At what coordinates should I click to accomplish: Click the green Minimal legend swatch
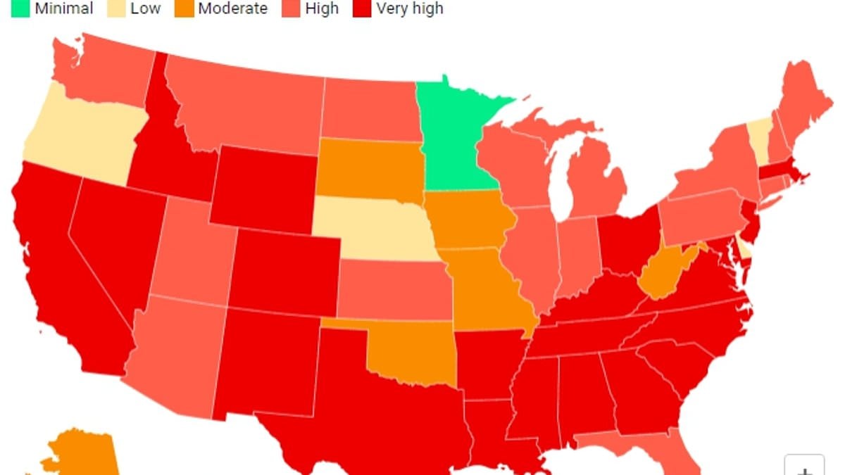click(20, 8)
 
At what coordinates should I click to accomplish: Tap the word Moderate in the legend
click(232, 8)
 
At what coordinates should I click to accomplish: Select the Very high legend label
click(409, 8)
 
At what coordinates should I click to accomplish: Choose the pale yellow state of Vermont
click(758, 134)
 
